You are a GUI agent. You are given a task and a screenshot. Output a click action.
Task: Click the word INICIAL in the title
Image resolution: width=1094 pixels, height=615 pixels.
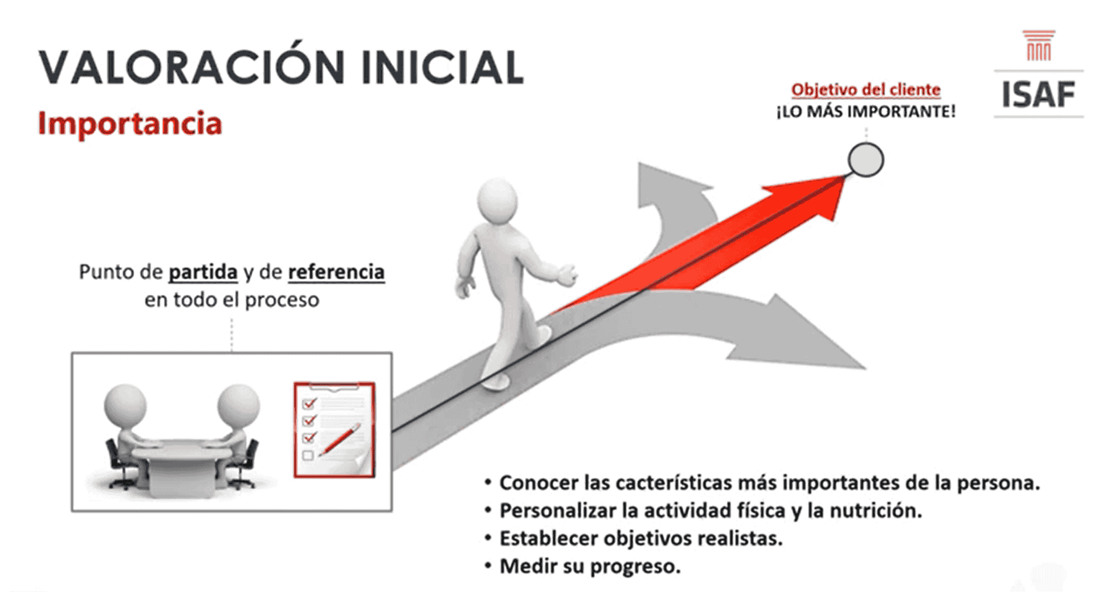[442, 67]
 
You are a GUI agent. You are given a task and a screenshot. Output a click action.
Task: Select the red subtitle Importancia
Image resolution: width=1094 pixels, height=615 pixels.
[130, 124]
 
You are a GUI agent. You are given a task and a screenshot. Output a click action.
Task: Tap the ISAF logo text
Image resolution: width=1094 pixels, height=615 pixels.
[1038, 95]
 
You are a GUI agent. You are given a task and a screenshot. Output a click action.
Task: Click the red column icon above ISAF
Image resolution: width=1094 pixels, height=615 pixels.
[1039, 46]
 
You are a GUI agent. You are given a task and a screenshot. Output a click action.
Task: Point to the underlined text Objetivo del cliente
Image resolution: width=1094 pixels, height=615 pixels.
[866, 90]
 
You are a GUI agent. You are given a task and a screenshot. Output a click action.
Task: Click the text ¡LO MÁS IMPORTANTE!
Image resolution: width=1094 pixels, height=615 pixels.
[866, 112]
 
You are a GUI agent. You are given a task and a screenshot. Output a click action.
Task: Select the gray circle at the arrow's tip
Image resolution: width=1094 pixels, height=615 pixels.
[866, 159]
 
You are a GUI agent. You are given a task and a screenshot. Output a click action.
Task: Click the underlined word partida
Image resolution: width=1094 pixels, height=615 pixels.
[203, 272]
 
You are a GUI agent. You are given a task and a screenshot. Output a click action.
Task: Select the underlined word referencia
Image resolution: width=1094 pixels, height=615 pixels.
[336, 272]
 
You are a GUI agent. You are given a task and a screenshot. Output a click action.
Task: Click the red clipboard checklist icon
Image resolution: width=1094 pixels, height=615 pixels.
[334, 429]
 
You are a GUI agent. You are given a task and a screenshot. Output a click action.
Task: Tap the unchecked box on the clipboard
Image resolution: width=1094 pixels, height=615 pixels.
[308, 456]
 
